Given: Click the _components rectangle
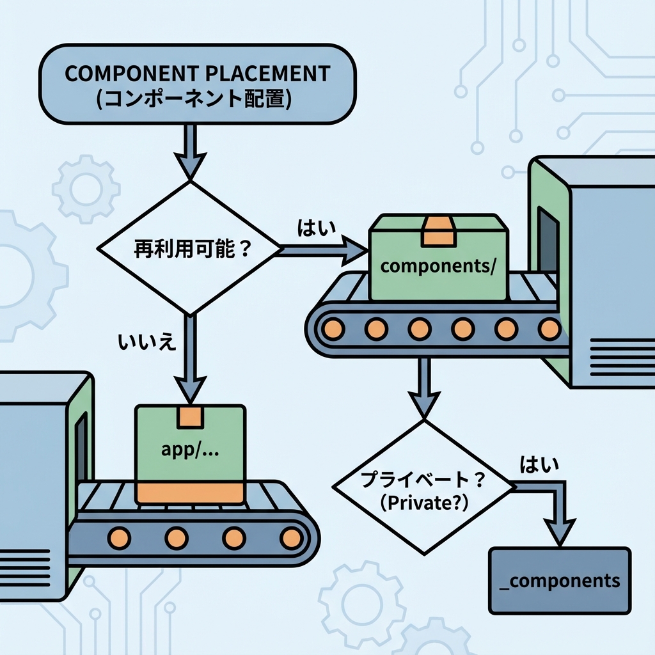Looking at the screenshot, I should point(559,580).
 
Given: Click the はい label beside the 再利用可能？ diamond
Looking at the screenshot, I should point(317,227).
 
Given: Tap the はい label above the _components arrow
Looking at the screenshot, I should point(538,464).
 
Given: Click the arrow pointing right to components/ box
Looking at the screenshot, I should point(323,248).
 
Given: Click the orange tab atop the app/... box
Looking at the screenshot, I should point(190,416).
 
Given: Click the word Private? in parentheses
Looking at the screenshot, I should point(425,502).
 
